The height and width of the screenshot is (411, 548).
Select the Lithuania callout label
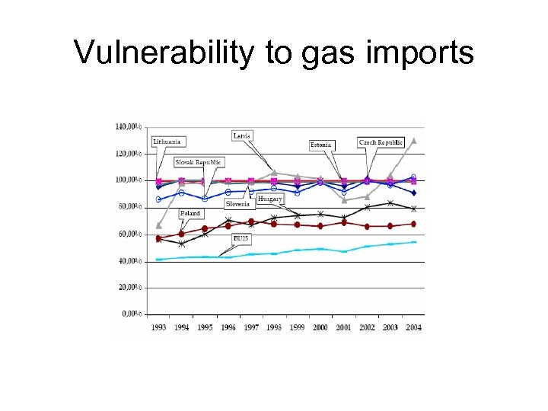[167, 142]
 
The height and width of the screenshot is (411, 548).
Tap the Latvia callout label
[242, 135]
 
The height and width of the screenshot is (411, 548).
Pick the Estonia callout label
[320, 144]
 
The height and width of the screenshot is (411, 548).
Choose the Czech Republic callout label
[381, 142]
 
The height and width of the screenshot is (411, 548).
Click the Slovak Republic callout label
[198, 162]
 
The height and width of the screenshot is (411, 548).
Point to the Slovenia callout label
[237, 204]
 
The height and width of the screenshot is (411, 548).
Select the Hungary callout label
[270, 199]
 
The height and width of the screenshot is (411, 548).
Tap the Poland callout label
[190, 213]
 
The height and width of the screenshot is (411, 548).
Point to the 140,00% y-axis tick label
[128, 126]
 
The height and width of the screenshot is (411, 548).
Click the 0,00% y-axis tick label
[130, 314]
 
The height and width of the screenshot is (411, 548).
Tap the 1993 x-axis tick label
[158, 327]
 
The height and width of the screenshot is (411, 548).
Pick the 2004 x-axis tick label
[413, 327]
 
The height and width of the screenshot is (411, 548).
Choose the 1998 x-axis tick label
[273, 327]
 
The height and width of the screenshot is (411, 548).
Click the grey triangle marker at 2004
[413, 140]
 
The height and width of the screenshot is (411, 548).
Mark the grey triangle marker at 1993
[158, 225]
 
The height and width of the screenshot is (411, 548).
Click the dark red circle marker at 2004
[413, 224]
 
